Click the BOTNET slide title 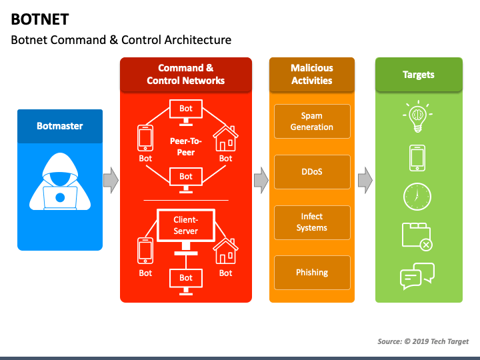click(39, 19)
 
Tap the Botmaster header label click(60, 125)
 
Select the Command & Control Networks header click(185, 74)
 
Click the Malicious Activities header click(311, 74)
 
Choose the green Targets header click(418, 75)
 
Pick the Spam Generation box click(311, 121)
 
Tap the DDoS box click(311, 171)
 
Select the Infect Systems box click(311, 222)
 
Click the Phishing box click(311, 272)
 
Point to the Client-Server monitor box click(185, 225)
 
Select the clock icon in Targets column click(417, 197)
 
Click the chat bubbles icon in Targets click(417, 276)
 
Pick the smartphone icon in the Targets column click(417, 158)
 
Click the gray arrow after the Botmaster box click(111, 179)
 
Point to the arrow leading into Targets click(365, 179)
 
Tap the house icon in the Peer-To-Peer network click(225, 139)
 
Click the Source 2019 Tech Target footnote click(423, 341)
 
